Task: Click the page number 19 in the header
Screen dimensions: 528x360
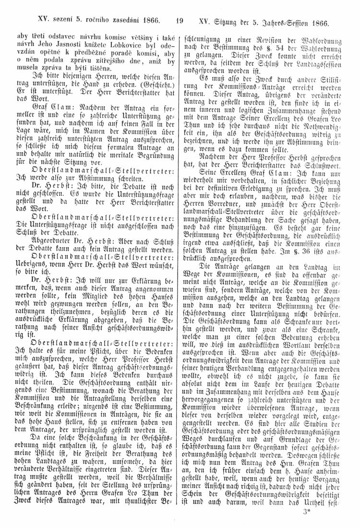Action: point(180,21)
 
